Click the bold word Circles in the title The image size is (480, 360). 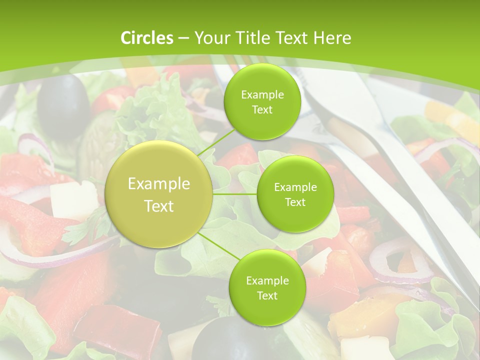(x=146, y=38)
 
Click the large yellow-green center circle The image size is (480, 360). (x=159, y=194)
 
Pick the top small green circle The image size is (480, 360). (x=262, y=101)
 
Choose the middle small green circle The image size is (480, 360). (x=295, y=194)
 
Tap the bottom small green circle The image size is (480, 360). (x=267, y=287)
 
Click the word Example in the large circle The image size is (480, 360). (x=159, y=184)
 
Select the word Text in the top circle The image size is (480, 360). (x=262, y=110)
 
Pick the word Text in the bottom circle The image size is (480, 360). (x=267, y=295)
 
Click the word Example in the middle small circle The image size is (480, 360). (x=295, y=187)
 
